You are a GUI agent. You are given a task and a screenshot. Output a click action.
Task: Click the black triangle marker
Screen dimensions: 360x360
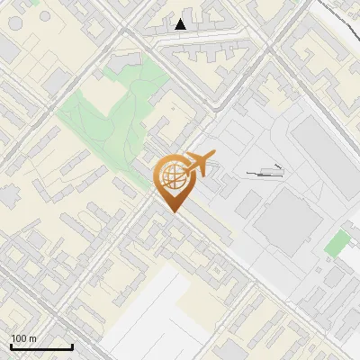click(x=181, y=24)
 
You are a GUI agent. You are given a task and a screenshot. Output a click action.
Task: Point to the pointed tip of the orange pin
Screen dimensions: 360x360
click(x=173, y=211)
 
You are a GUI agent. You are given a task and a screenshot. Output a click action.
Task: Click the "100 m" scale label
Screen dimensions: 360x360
click(x=23, y=338)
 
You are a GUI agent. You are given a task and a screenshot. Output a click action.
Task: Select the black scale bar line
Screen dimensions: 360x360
click(x=41, y=346)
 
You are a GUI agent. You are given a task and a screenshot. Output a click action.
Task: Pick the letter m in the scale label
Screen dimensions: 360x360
click(x=32, y=338)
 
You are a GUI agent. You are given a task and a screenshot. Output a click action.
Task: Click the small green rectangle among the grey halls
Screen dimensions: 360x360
click(x=337, y=242)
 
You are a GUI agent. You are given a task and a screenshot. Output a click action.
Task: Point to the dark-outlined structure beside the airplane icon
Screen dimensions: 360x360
click(x=266, y=171)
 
